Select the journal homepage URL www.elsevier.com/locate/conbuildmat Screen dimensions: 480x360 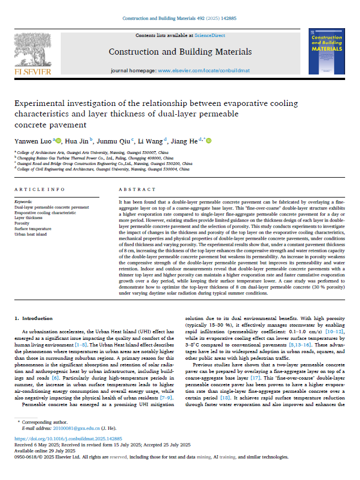(x=203, y=71)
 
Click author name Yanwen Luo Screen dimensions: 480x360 (x=33, y=141)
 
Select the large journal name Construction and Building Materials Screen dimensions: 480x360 (x=180, y=52)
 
